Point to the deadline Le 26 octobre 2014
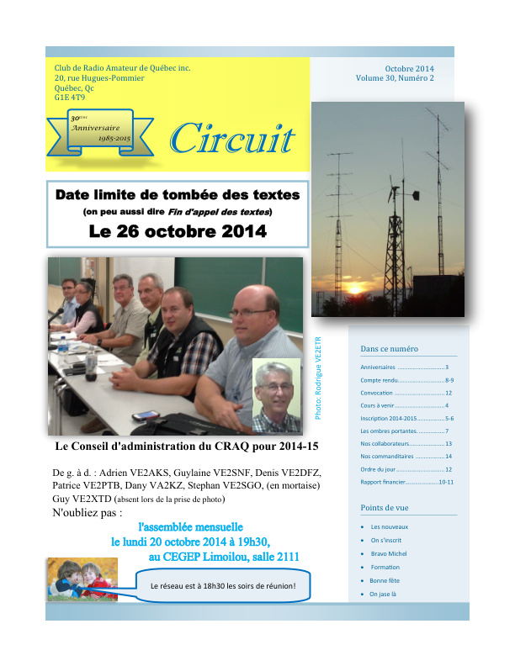(x=178, y=230)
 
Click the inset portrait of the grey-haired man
(x=276, y=396)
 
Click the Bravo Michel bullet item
(x=389, y=553)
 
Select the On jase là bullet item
(x=383, y=594)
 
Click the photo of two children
(x=82, y=580)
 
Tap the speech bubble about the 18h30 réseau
(x=223, y=585)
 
